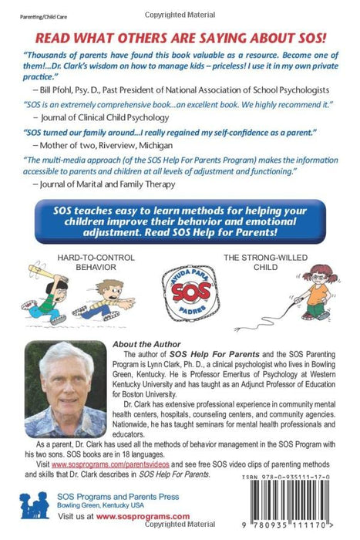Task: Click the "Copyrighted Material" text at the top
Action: (180, 8)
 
